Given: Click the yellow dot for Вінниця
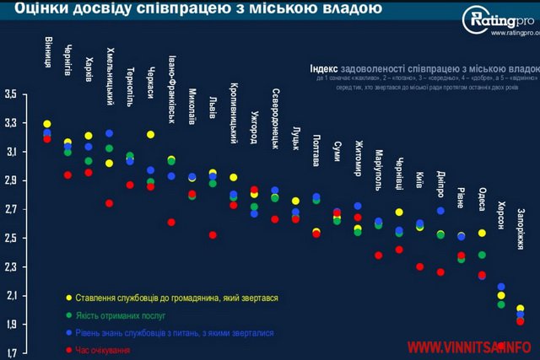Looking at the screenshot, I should coord(47,124).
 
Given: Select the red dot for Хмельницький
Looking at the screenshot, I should coord(109,203).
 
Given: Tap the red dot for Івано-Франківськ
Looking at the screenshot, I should coord(171,223).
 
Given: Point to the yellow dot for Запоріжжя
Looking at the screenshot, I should coord(520,309).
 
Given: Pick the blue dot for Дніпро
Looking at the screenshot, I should coord(440,211).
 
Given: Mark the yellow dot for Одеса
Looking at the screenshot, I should coord(482,233).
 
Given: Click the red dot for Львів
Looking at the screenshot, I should coord(213,235).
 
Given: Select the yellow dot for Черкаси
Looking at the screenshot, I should coord(150,135).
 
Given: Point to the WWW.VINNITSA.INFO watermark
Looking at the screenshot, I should coord(472,346).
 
